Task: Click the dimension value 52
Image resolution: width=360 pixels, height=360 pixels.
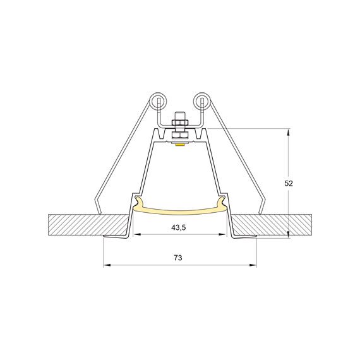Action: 289,183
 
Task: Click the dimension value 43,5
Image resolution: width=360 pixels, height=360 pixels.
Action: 179,228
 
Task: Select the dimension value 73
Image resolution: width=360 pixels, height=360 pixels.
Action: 178,258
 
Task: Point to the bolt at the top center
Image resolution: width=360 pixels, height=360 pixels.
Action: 180,124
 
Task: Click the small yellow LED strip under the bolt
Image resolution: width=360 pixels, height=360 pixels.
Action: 181,145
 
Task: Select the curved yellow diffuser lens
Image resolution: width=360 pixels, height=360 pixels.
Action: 180,211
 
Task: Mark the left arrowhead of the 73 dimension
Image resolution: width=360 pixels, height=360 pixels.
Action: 105,265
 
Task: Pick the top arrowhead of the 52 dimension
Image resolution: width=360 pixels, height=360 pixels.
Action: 289,133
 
